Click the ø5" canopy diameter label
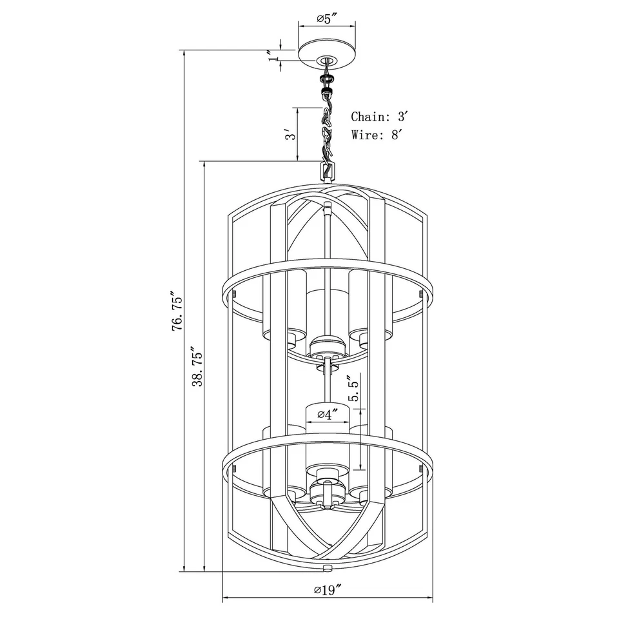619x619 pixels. [328, 19]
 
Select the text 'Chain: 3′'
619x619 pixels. [380, 117]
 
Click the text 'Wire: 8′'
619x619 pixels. [377, 135]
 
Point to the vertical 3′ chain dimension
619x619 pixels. [291, 134]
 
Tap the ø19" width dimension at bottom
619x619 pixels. [328, 589]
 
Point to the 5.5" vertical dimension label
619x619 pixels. [349, 389]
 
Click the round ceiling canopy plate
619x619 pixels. [327, 52]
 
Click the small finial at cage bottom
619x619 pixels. [328, 568]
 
